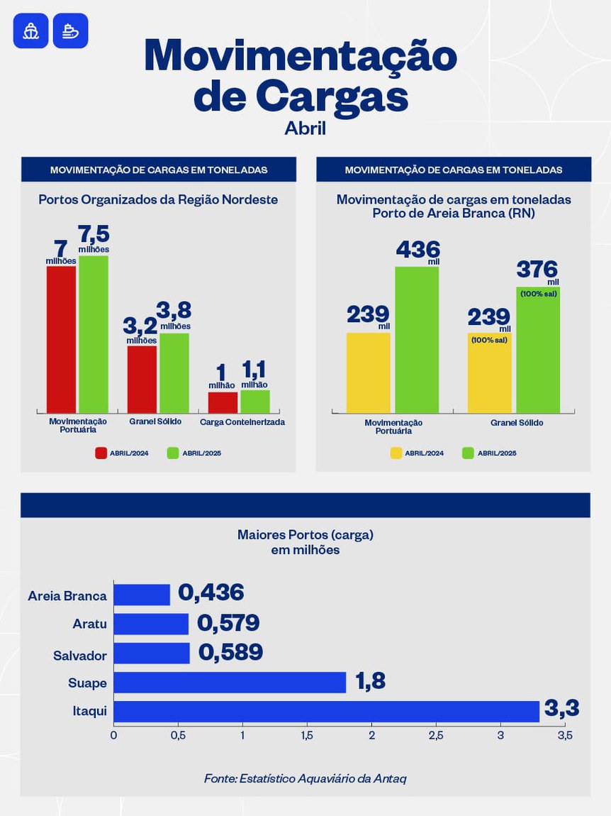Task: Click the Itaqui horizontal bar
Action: (326, 711)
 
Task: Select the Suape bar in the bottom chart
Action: (230, 682)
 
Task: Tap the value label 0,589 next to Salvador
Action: (230, 653)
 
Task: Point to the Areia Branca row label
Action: (67, 596)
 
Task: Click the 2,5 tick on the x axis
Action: (435, 736)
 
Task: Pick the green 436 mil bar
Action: (417, 339)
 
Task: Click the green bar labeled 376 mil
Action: (538, 349)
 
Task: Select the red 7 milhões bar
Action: (61, 339)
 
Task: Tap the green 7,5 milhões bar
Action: (94, 333)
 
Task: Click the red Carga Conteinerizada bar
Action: (223, 402)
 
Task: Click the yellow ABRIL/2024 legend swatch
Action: (396, 453)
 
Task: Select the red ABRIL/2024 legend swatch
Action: (101, 453)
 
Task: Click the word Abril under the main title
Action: (305, 128)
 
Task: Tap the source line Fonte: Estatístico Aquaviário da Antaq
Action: (305, 778)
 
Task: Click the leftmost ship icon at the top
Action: (30, 31)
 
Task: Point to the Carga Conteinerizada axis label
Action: (242, 421)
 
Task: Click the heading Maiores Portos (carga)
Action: (305, 534)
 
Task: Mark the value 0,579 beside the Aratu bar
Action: (228, 624)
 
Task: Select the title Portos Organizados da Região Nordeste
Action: (158, 200)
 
